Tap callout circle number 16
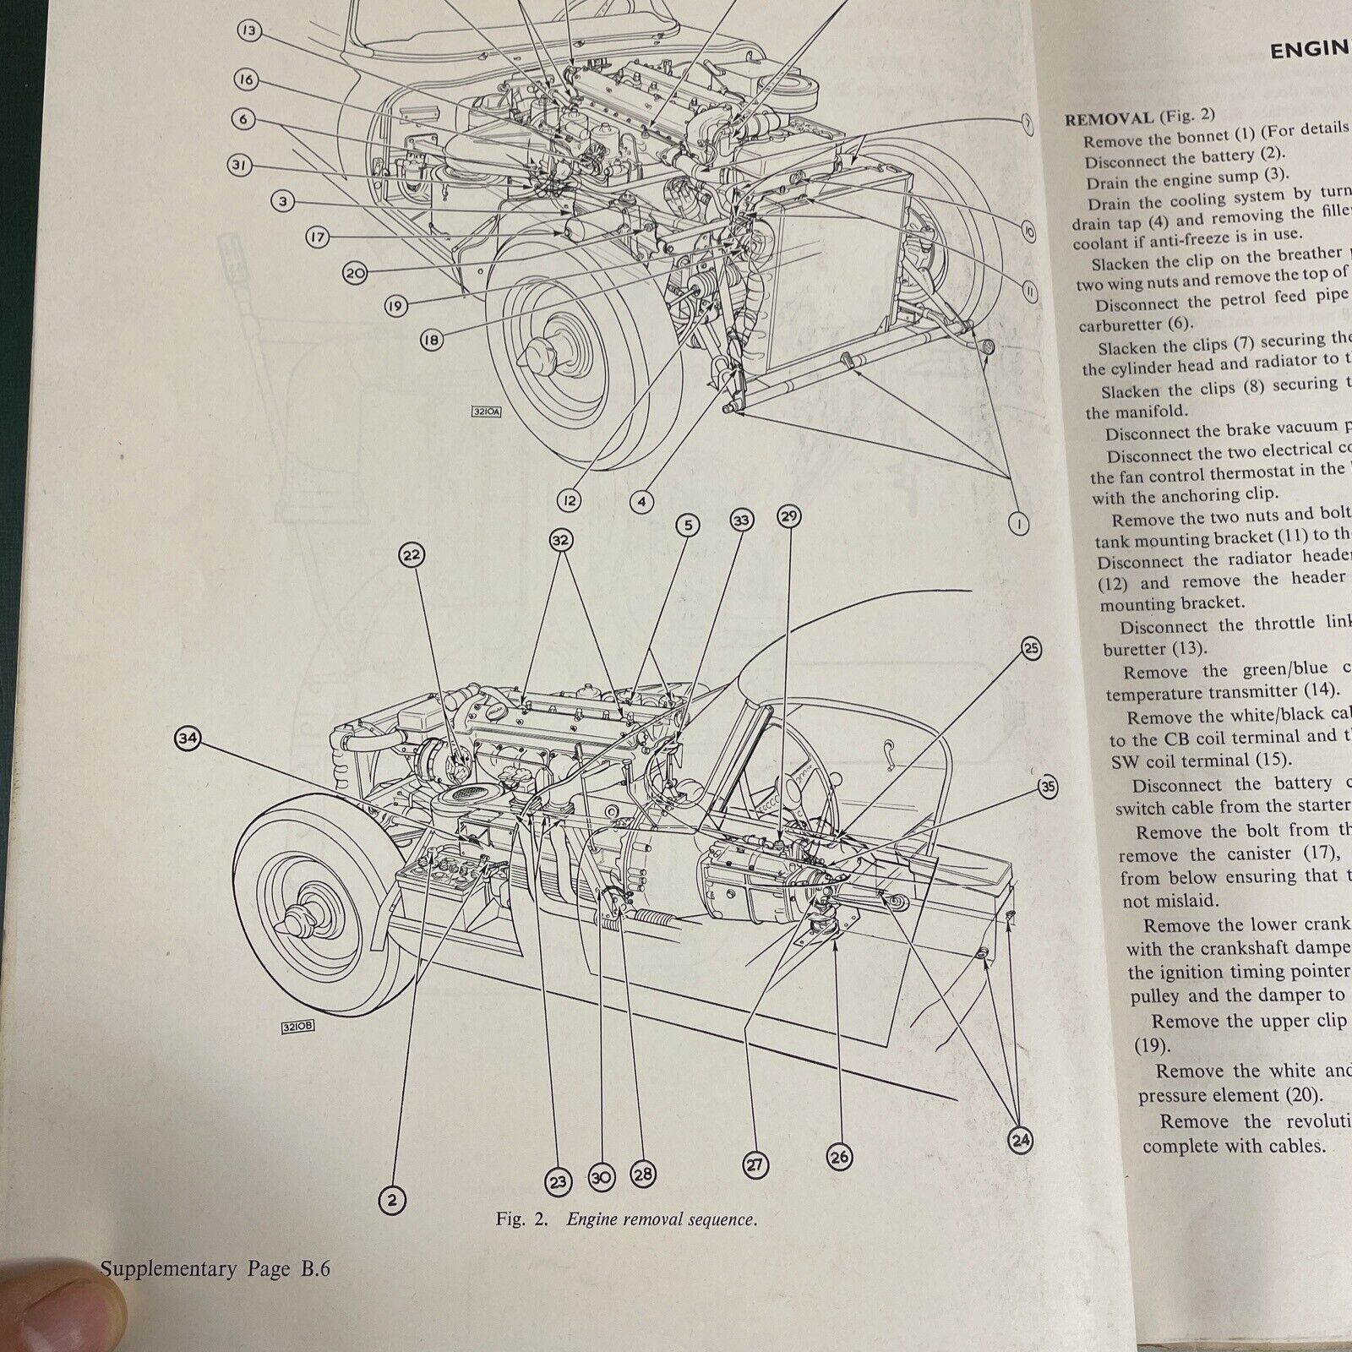[x=246, y=80]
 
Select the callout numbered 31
[x=240, y=166]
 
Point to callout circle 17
[x=317, y=238]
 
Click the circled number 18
[x=431, y=340]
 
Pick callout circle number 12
[x=570, y=501]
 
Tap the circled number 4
[x=642, y=502]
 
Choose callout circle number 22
[x=412, y=555]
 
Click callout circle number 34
[x=187, y=739]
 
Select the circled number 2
[x=391, y=1198]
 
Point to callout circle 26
[x=839, y=1157]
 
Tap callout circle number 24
[x=1021, y=1141]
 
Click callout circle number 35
[x=1048, y=788]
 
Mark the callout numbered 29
[x=788, y=516]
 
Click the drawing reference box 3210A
[x=488, y=413]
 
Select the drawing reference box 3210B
[x=297, y=1028]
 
